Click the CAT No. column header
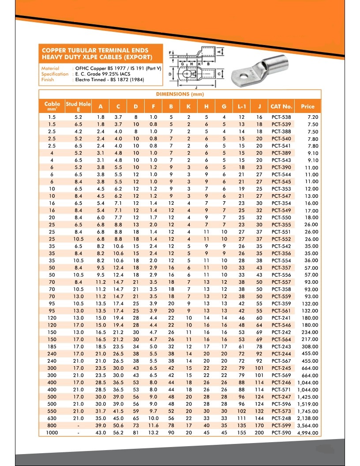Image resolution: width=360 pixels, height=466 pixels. point(281,106)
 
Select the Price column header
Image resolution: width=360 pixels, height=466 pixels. point(307,106)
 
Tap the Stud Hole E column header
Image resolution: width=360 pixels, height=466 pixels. point(78,106)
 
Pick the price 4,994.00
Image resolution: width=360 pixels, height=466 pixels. point(308,433)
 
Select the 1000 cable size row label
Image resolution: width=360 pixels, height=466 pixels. point(52,433)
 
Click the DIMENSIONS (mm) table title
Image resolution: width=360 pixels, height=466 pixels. point(180,94)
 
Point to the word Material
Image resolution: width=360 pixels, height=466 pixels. point(50,69)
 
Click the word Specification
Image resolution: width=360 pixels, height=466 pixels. point(55,74)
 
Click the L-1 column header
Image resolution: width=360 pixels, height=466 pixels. point(241,106)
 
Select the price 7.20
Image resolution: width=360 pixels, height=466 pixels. point(312,117)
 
